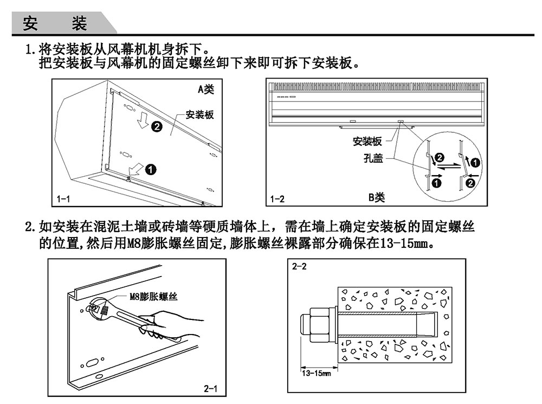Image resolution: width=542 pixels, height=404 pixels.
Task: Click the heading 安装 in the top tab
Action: click(x=55, y=23)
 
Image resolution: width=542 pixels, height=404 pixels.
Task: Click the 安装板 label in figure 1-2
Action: click(x=367, y=142)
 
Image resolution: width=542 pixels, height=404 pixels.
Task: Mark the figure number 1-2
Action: click(x=278, y=199)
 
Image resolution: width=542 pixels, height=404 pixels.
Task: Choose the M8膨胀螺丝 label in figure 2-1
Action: click(x=153, y=296)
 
